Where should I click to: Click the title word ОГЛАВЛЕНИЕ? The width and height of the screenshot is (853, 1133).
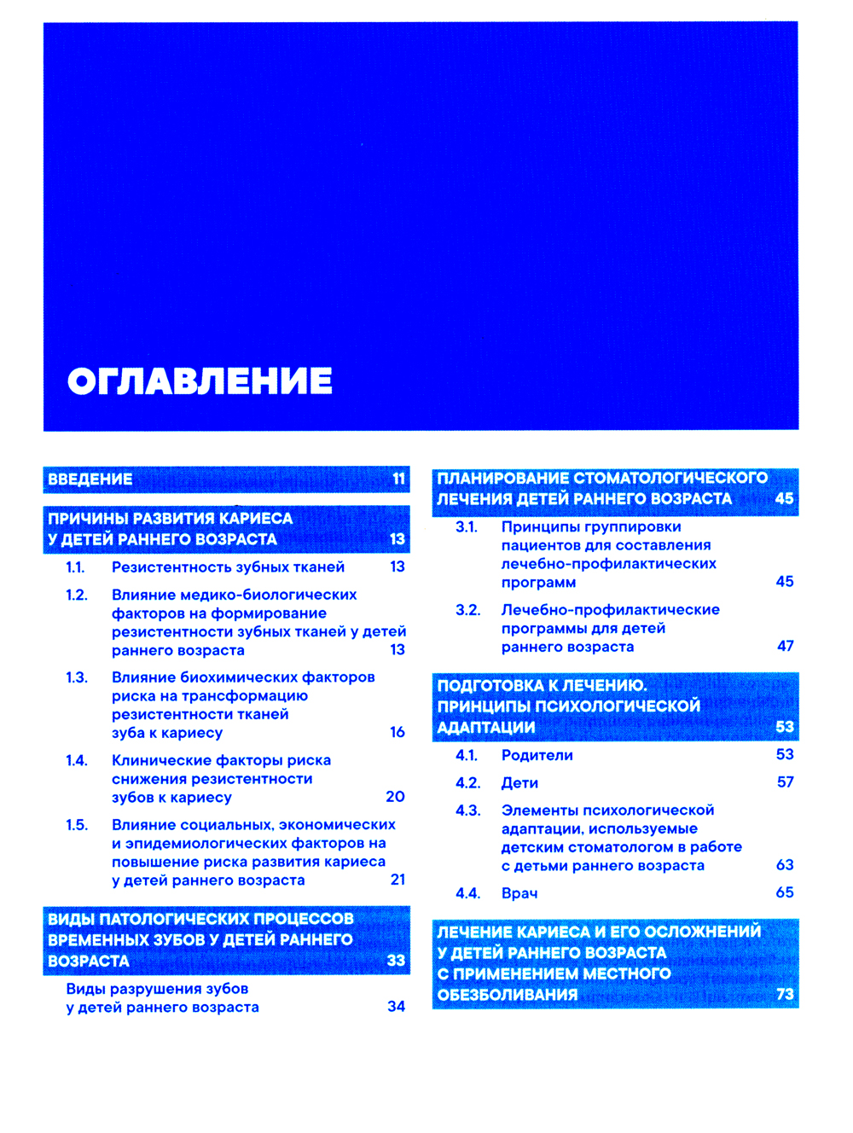click(x=200, y=381)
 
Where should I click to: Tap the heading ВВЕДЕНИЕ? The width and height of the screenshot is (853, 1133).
click(x=90, y=479)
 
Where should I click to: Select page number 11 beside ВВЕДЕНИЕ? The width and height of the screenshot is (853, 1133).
click(x=398, y=479)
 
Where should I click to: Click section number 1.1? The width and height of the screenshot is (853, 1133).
click(x=75, y=567)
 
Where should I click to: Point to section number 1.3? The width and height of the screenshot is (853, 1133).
click(x=77, y=677)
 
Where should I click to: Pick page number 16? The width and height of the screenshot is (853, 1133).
click(x=397, y=732)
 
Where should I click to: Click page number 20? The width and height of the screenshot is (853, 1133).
click(x=395, y=797)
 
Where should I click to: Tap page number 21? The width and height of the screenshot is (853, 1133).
click(x=397, y=880)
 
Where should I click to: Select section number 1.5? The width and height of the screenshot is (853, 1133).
click(x=77, y=825)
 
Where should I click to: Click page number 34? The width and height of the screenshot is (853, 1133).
click(x=396, y=1007)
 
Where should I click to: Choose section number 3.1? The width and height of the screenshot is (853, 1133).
click(x=467, y=527)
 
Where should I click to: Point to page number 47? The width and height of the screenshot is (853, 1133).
click(x=785, y=646)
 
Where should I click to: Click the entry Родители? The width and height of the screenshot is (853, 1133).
click(x=537, y=755)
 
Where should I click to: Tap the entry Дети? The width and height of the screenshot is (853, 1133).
click(x=519, y=782)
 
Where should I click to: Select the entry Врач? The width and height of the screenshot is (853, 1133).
click(x=519, y=893)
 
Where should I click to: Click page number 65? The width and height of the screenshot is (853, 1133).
click(x=785, y=892)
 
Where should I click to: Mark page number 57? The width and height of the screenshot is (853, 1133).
click(x=785, y=781)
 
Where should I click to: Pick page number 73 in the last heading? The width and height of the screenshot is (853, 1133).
click(x=785, y=994)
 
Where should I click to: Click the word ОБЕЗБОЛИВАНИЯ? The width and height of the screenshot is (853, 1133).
click(x=508, y=995)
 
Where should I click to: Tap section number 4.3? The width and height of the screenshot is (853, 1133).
click(x=467, y=811)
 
